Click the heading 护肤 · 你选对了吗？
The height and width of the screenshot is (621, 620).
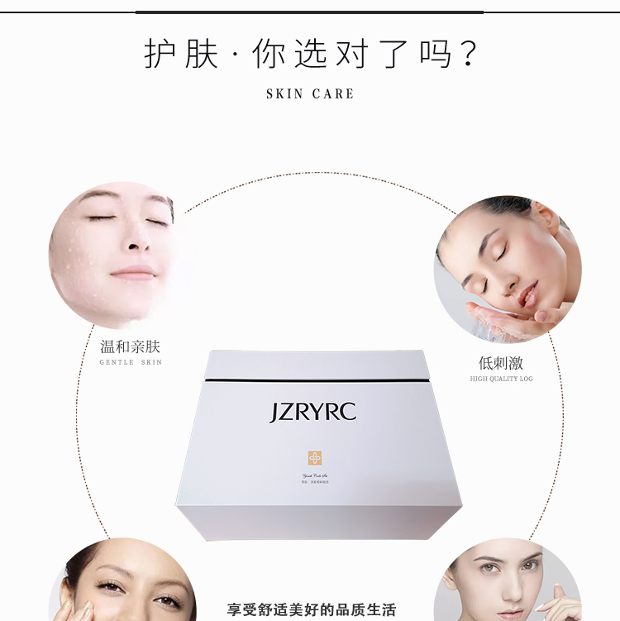(310, 54)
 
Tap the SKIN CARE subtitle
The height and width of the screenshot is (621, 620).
(310, 94)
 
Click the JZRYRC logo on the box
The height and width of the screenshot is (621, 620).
(312, 412)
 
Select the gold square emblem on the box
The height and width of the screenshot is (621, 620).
(315, 457)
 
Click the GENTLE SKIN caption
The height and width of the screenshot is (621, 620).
(131, 362)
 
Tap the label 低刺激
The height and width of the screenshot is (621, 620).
(501, 364)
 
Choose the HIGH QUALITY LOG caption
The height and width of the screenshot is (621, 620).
(501, 379)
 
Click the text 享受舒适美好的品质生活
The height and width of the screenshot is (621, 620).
(312, 610)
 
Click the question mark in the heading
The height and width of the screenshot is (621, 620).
(467, 54)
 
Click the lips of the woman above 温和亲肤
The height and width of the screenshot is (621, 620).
(133, 273)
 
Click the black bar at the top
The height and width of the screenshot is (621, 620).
(310, 12)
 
